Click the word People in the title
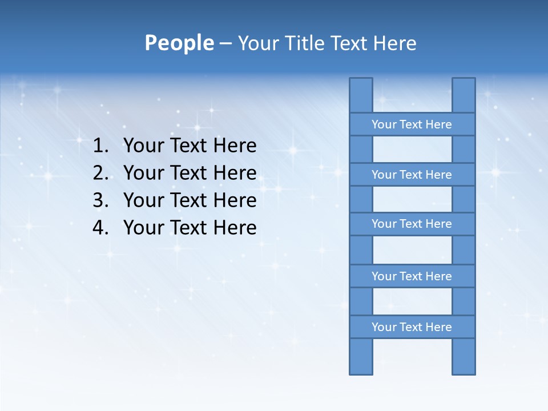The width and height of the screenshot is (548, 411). tap(179, 43)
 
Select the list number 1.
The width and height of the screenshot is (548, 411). tap(100, 146)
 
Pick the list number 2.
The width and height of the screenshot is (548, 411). tap(100, 173)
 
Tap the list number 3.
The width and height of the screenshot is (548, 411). tap(100, 200)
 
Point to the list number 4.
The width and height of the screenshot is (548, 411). tap(100, 228)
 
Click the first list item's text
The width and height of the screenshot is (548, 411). tap(190, 146)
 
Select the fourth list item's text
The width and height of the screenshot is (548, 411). tap(190, 228)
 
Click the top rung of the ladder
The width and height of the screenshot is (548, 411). tap(412, 124)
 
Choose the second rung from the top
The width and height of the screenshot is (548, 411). tap(412, 175)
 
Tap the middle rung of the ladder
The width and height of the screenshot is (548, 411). tap(412, 224)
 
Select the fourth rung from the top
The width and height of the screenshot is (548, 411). tap(412, 276)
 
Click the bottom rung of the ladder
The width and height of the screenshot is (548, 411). tap(412, 327)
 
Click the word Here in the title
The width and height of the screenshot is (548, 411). tap(394, 43)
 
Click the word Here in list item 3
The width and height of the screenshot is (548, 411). tap(235, 200)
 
